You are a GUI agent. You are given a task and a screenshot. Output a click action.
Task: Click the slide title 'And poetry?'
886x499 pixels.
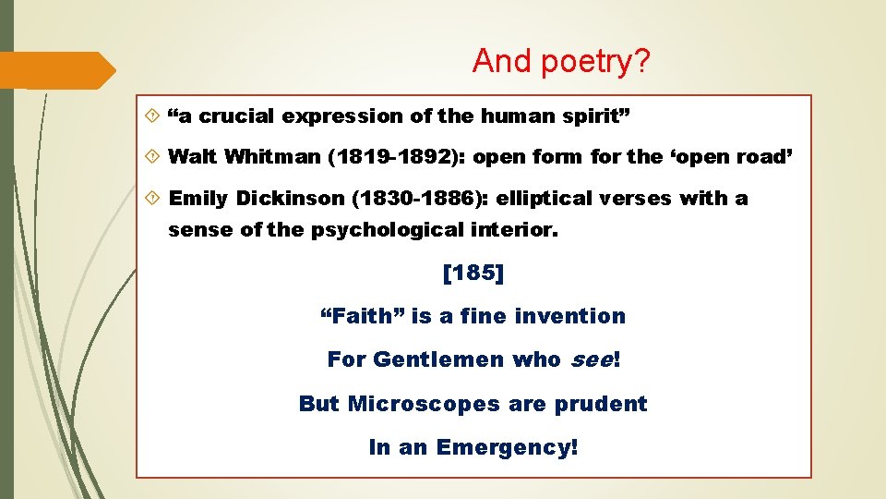point(561,62)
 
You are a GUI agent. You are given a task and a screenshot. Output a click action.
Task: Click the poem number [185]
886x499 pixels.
point(473,274)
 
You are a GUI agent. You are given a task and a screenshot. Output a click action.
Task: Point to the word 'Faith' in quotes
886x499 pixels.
point(362,316)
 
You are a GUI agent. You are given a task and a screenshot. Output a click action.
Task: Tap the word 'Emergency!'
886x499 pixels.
point(508,447)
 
